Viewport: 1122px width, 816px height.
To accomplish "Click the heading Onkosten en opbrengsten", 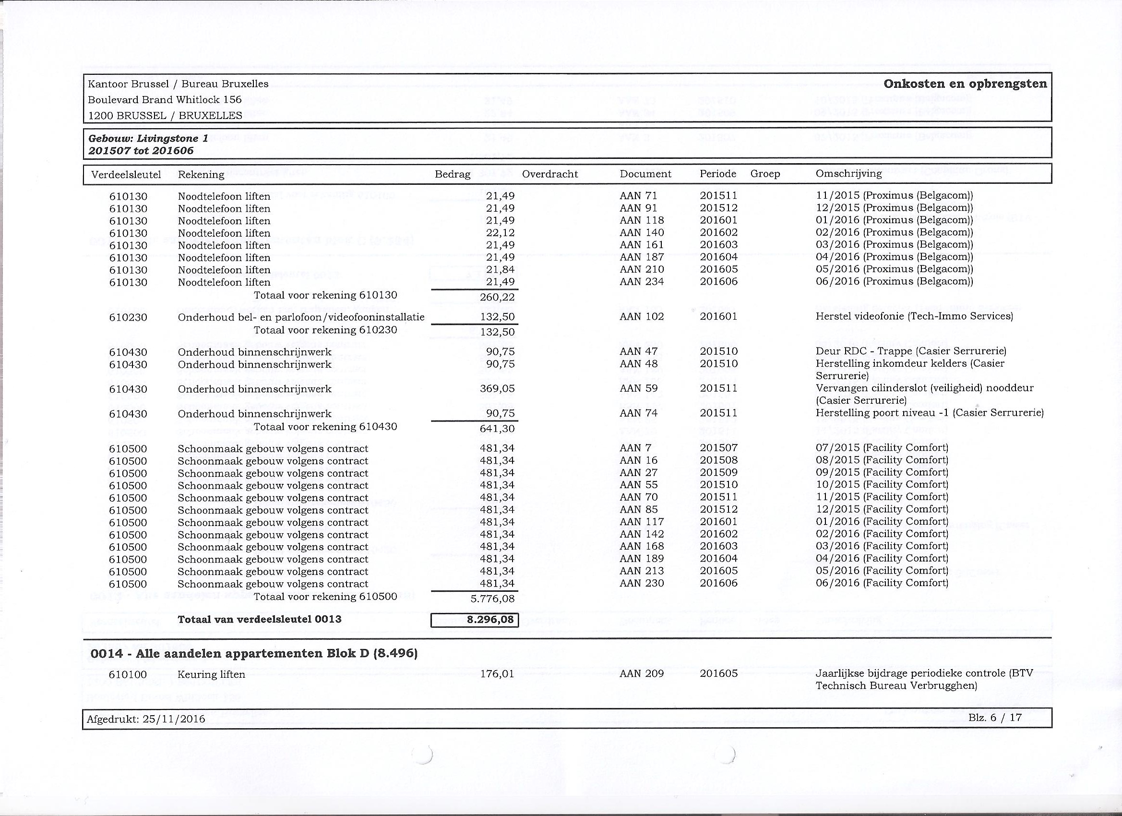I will [x=965, y=84].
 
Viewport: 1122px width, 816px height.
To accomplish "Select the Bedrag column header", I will [x=452, y=174].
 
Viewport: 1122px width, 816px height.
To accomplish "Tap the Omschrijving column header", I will [x=848, y=174].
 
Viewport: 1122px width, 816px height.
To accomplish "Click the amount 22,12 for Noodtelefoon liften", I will [x=500, y=233].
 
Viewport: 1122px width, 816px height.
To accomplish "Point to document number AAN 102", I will [x=641, y=317].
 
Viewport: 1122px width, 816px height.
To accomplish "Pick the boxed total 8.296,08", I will [x=475, y=620].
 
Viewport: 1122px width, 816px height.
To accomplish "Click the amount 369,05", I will [x=497, y=389].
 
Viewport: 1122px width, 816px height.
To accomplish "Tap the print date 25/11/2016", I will [x=173, y=719].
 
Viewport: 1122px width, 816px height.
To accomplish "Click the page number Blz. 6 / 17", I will [x=995, y=718].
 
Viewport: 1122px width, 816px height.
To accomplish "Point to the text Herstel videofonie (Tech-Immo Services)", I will [x=914, y=316].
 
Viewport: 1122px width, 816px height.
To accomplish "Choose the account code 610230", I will [x=128, y=317].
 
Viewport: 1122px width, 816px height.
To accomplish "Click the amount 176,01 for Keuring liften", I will [x=497, y=674].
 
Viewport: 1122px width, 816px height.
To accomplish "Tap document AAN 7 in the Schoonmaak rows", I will [x=631, y=448].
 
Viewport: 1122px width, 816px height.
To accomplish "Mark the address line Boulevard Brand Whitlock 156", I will [x=165, y=100].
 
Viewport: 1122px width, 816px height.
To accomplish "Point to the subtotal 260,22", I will [x=497, y=298].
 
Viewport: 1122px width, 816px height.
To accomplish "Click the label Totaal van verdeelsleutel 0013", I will [x=259, y=620].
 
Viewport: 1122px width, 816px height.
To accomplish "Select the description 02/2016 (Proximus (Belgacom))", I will [x=894, y=233].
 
